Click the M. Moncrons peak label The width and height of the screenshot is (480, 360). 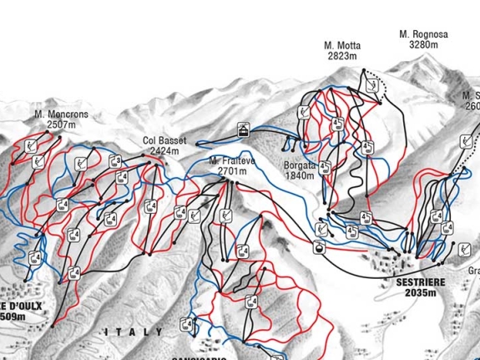(x=62, y=114)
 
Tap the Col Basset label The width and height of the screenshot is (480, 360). (x=164, y=141)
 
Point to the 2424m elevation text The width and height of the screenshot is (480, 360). (x=164, y=151)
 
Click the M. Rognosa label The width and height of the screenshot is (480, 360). (x=423, y=35)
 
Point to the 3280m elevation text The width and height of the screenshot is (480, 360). (x=423, y=45)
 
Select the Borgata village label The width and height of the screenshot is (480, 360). (x=300, y=165)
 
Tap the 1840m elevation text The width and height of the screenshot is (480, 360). (x=300, y=176)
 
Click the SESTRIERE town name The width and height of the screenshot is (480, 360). (x=418, y=282)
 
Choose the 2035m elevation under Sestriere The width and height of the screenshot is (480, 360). (x=418, y=293)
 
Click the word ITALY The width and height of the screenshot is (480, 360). (x=134, y=332)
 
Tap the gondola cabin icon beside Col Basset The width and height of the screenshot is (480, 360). (x=243, y=129)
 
